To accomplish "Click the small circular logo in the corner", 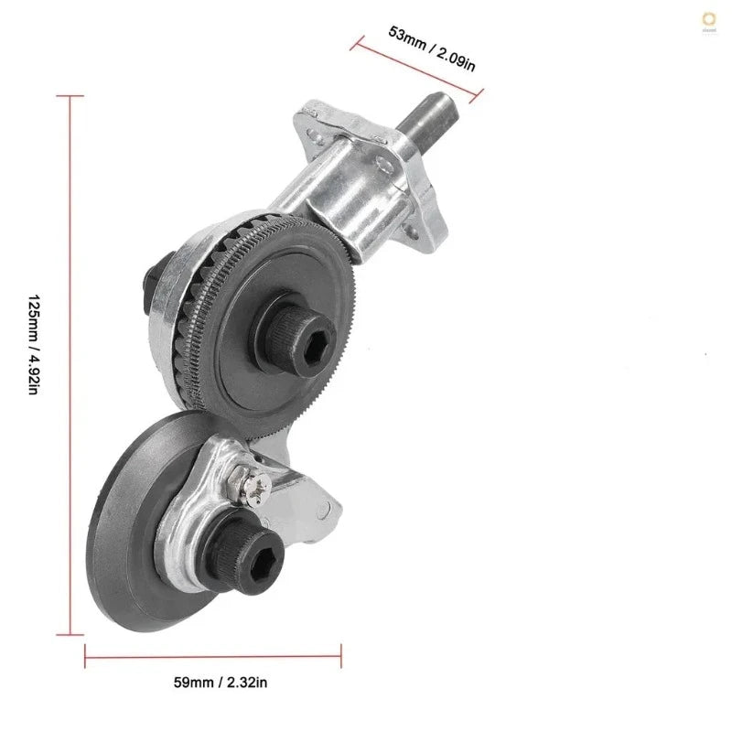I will click(x=708, y=20).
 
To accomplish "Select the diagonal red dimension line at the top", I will click(x=416, y=66).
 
